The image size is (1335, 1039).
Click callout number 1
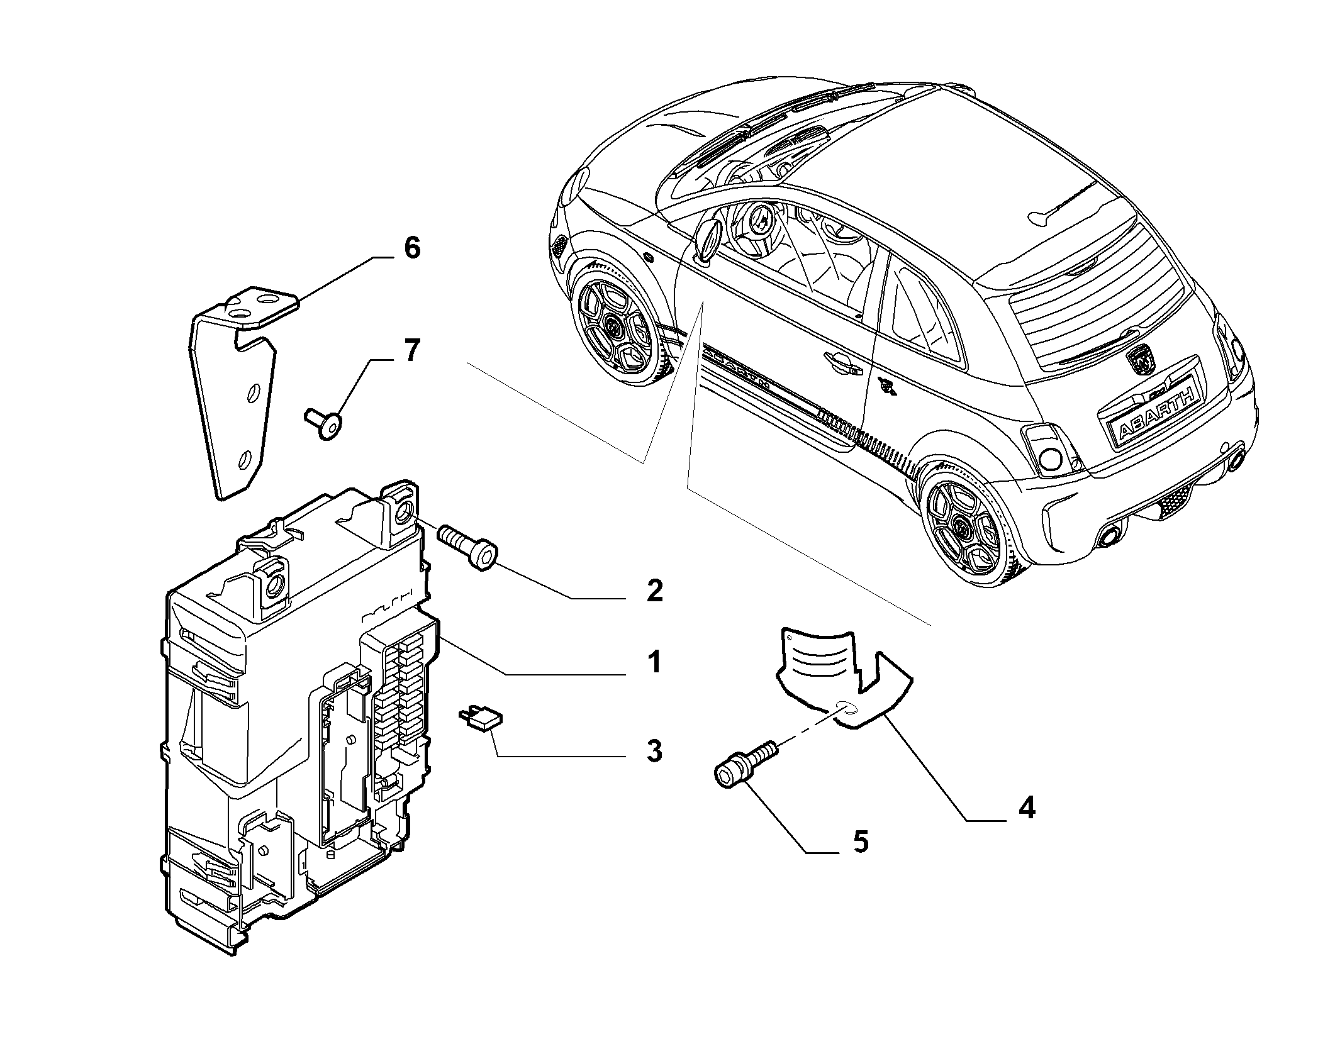(x=655, y=662)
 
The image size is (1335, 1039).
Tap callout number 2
(x=655, y=591)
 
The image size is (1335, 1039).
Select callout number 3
(x=655, y=751)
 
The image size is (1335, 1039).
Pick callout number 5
(x=860, y=842)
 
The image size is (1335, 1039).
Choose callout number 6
(x=411, y=248)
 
